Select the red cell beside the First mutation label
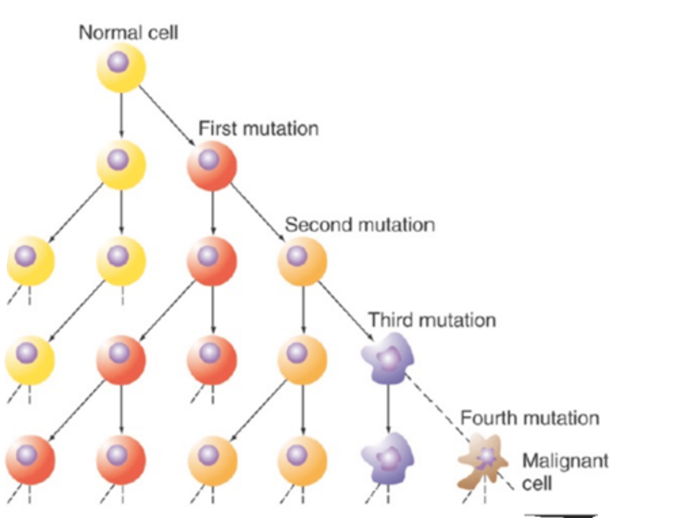coord(212,166)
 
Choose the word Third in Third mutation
coord(387,320)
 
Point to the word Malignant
coord(565,460)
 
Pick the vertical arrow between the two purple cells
coord(387,408)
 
